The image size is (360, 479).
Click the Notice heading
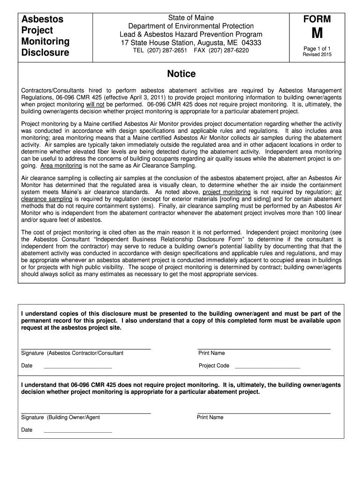(x=181, y=74)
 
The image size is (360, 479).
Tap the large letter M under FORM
(x=317, y=36)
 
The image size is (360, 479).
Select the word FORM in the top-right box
(x=317, y=19)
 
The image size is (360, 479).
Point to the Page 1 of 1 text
(x=317, y=48)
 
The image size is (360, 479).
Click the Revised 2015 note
(x=317, y=54)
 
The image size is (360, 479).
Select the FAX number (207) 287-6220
(x=229, y=50)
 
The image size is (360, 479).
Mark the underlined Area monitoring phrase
(x=61, y=166)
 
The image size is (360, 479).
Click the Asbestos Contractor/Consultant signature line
(x=86, y=348)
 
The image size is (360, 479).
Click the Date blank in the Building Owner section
(x=78, y=432)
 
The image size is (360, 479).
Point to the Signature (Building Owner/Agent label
(x=60, y=417)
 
